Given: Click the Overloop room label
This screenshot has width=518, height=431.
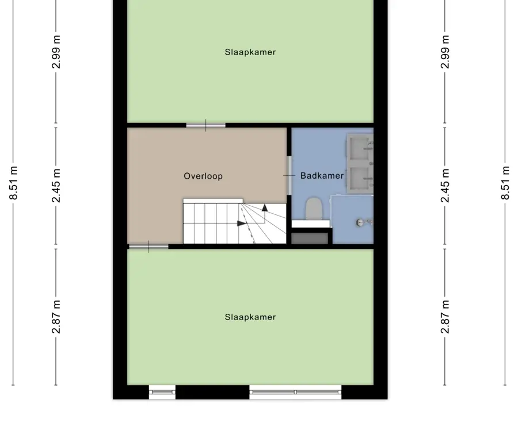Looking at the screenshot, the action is tap(203, 176).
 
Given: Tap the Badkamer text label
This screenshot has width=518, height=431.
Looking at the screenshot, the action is tap(322, 175).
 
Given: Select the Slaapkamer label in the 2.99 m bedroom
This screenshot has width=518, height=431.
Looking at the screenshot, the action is tap(250, 52).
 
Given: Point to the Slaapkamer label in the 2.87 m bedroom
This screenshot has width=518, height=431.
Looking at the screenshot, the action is tap(250, 317).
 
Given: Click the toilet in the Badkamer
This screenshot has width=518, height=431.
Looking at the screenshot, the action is tap(314, 208).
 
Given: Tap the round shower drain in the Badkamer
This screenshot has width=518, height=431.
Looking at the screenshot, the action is tap(360, 222).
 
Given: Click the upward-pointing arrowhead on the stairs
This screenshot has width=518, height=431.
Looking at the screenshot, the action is tap(265, 208).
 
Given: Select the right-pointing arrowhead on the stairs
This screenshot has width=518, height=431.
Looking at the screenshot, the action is tap(242, 224).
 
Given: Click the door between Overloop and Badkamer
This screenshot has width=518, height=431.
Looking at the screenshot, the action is tap(289, 175).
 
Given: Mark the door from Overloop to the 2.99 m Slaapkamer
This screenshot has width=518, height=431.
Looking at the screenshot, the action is tap(206, 125).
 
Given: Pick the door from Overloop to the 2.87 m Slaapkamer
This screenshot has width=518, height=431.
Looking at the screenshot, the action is tap(148, 247).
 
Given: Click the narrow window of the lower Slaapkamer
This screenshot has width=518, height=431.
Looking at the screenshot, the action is tap(162, 392).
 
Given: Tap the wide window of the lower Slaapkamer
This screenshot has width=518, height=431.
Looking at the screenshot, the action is tap(296, 392).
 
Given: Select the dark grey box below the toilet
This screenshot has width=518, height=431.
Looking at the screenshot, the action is tap(310, 238).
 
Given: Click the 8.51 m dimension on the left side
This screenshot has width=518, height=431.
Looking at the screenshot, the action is tap(13, 183).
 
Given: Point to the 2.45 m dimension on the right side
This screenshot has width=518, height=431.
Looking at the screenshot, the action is tap(445, 185).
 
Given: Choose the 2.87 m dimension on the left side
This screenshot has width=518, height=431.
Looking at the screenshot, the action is tap(56, 317).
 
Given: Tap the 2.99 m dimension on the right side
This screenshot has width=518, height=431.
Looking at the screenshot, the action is tap(445, 52).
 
